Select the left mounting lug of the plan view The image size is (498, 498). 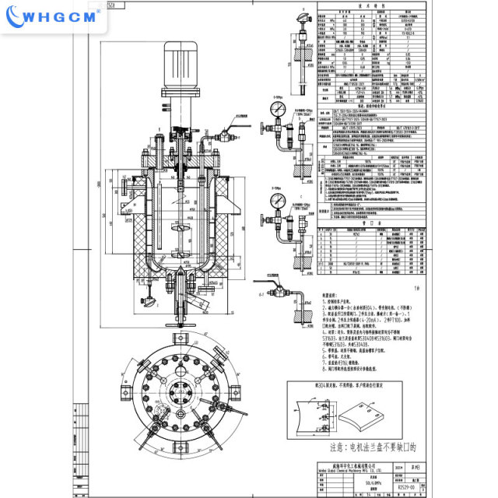(115, 404)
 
